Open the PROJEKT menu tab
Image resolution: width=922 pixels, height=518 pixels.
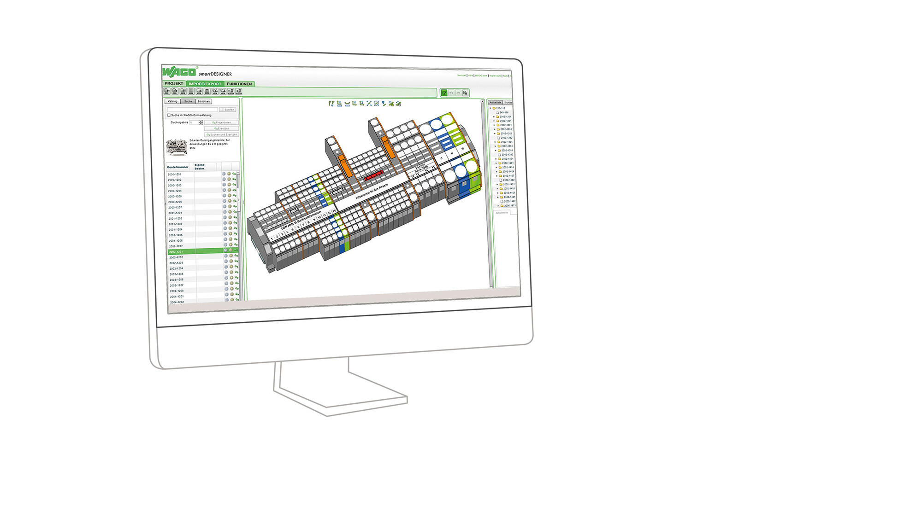(x=174, y=83)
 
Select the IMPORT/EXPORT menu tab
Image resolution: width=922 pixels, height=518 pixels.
(x=205, y=84)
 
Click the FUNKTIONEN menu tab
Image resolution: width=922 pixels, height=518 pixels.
(x=239, y=84)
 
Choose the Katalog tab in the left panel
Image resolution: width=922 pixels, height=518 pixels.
(x=172, y=101)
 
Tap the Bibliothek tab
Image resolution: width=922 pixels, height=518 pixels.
(x=203, y=101)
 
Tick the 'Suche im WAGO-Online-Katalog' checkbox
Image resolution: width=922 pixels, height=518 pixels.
(x=169, y=115)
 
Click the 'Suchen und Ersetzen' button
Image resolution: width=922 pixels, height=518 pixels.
(x=222, y=134)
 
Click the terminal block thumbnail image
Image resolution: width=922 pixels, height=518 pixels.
(x=177, y=146)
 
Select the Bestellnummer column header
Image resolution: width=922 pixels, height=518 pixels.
(x=178, y=167)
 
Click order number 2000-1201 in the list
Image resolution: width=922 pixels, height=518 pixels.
(x=174, y=175)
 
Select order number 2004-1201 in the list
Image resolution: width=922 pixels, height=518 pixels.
(x=177, y=297)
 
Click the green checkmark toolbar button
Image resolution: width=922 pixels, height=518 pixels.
(x=444, y=93)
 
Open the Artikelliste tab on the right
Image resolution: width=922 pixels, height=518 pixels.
(x=496, y=103)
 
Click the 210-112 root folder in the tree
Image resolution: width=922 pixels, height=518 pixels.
(x=500, y=108)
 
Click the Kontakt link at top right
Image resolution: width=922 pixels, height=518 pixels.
(x=461, y=76)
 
